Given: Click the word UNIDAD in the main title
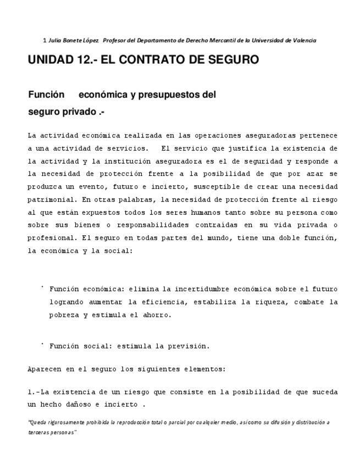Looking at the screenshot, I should coord(48,60).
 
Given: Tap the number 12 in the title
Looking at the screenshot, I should coord(80,60).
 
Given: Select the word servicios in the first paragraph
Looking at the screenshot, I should coord(128,148).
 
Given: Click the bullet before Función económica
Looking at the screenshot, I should coord(42,287).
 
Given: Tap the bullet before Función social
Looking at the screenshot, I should coord(42,345).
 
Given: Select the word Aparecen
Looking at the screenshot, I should coord(45,369).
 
